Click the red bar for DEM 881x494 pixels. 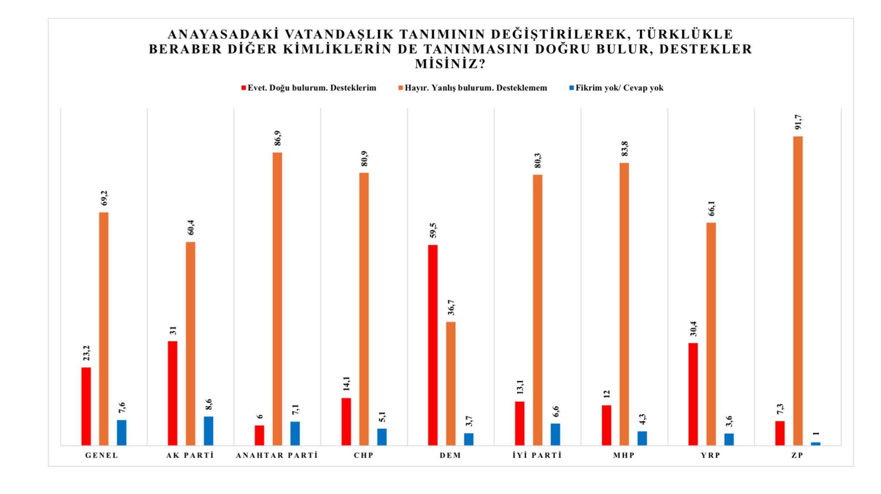tap(433, 345)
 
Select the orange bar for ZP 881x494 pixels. tap(798, 291)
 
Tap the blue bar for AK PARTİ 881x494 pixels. tap(209, 431)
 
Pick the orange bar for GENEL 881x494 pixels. tap(104, 329)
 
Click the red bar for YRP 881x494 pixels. tap(693, 394)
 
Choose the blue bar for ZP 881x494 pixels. tap(816, 444)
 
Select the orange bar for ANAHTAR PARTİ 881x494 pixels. tap(277, 299)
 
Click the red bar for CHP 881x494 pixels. tap(346, 422)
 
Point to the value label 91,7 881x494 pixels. tap(798, 124)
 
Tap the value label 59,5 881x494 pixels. tap(433, 230)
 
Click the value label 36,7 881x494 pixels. tap(451, 308)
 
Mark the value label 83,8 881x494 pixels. tap(624, 149)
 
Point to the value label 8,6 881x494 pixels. tap(209, 405)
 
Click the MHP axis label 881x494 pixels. tap(624, 455)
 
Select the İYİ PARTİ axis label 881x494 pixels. tap(537, 455)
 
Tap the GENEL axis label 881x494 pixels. tap(102, 455)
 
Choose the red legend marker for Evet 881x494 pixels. tap(243, 88)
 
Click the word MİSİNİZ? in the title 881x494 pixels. tap(450, 64)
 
